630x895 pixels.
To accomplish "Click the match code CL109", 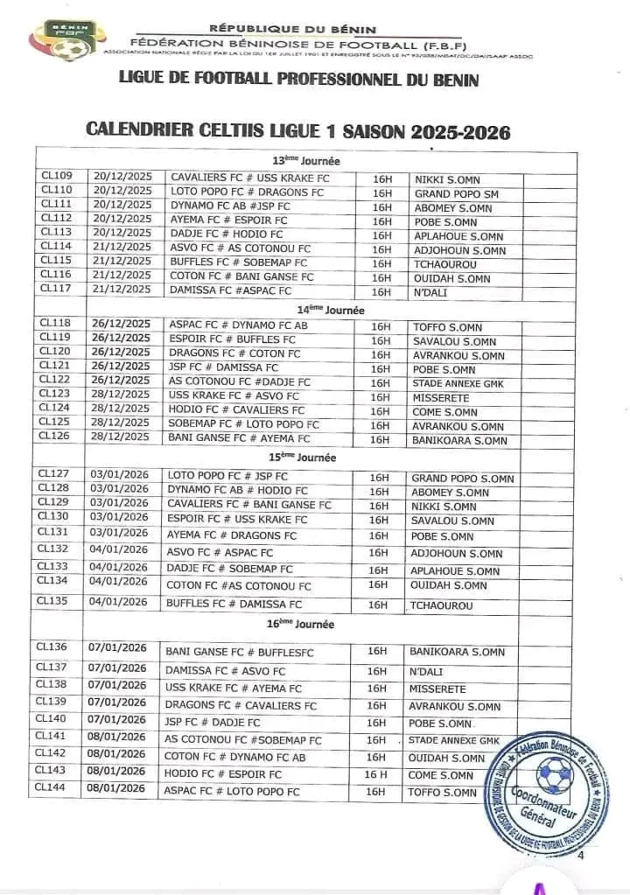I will point(57,176).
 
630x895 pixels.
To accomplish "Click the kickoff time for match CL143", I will point(376,774).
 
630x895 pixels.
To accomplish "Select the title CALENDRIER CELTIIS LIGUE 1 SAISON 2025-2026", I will point(297,131).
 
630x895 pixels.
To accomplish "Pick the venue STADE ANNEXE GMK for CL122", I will point(455,383).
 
